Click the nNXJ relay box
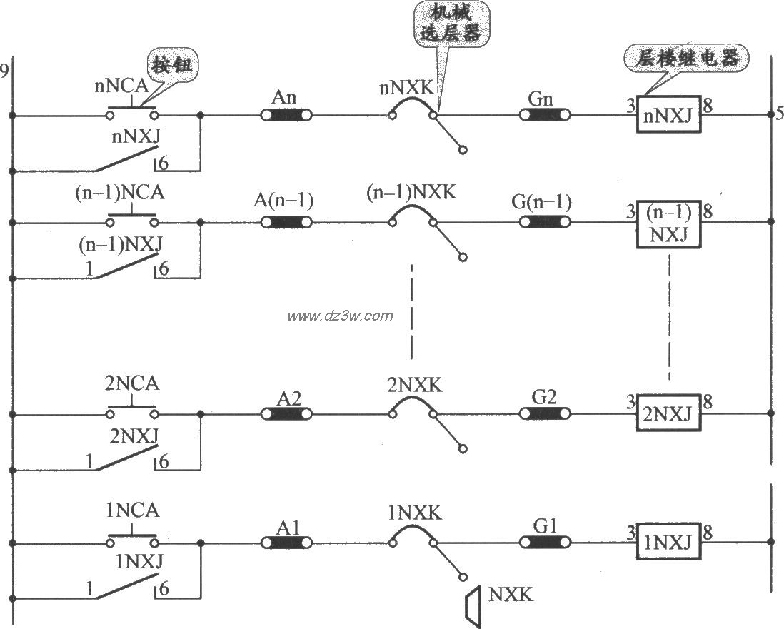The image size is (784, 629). (x=668, y=115)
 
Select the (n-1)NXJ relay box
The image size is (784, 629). (x=668, y=223)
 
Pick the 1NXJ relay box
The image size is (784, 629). (x=668, y=545)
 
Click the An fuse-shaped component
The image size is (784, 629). (x=287, y=115)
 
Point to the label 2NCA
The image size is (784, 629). (x=132, y=384)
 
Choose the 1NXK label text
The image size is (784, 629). (x=413, y=513)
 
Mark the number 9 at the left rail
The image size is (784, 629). (x=5, y=70)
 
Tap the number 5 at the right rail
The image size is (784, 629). (x=779, y=113)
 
